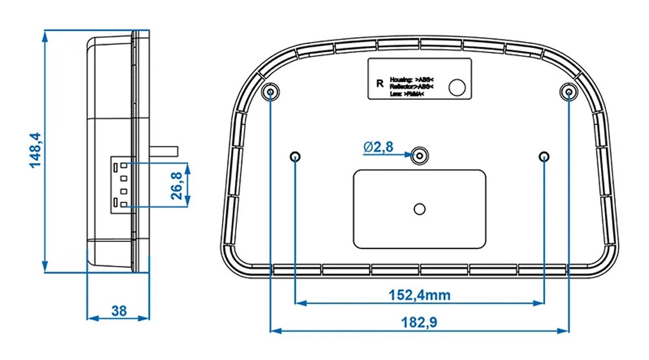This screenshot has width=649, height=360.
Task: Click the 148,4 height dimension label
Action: [34, 150]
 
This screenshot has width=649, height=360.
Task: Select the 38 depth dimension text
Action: [119, 311]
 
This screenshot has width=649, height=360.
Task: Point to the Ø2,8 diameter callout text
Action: [378, 147]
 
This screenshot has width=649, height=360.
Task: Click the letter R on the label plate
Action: [380, 84]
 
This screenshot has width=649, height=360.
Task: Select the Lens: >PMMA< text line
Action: [408, 95]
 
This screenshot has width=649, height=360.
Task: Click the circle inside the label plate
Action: [459, 88]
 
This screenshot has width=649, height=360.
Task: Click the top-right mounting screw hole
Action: [569, 92]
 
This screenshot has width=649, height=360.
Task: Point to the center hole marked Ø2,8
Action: [421, 155]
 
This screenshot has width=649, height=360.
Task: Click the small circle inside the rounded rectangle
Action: [420, 208]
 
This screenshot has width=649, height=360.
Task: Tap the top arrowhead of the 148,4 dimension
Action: [45, 35]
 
